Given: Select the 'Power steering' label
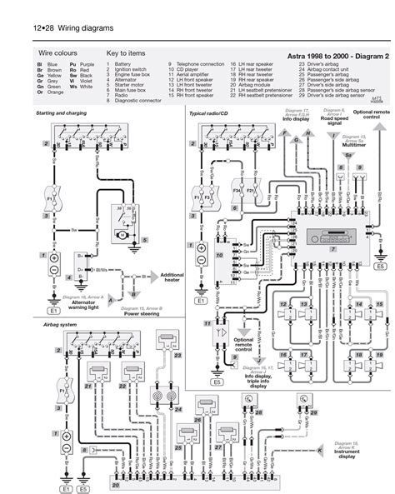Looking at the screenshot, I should (142, 314).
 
